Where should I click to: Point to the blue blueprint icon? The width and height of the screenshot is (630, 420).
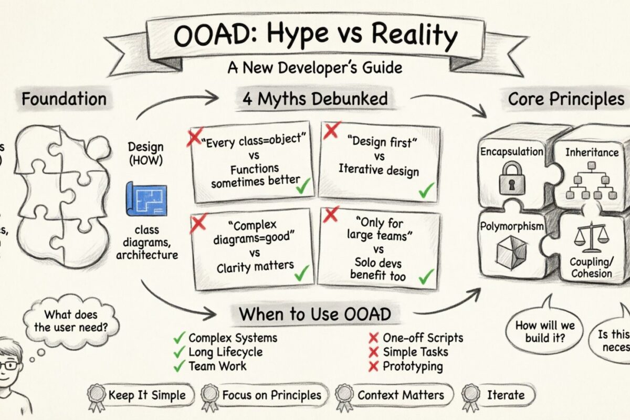tap(146, 200)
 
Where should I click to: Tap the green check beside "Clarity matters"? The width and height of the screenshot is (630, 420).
tap(301, 272)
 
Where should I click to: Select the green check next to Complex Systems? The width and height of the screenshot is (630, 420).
tap(180, 338)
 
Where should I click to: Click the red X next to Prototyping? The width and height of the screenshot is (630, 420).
tap(374, 366)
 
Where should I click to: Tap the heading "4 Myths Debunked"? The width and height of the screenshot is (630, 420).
tap(315, 99)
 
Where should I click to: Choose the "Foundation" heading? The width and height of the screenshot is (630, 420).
tap(64, 99)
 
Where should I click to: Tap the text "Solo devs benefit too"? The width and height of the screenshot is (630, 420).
tap(377, 270)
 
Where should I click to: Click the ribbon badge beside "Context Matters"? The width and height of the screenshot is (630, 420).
tap(344, 395)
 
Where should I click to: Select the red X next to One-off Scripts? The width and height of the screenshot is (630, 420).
tap(374, 338)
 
